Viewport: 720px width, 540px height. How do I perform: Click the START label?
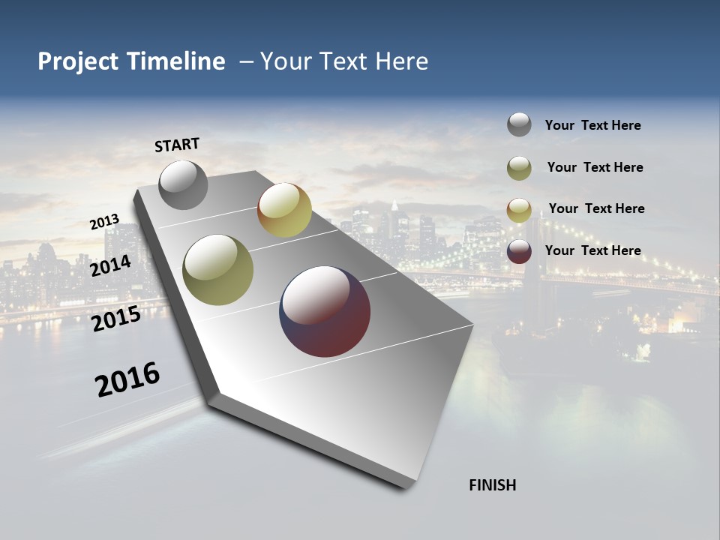pyautogui.click(x=177, y=145)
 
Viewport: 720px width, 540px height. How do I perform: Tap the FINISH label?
pyautogui.click(x=492, y=485)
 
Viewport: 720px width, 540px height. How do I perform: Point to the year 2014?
pyautogui.click(x=111, y=265)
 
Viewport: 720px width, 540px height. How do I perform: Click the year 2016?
pyautogui.click(x=127, y=379)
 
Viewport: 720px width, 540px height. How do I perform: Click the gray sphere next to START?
pyautogui.click(x=183, y=184)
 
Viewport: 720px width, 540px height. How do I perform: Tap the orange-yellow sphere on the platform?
pyautogui.click(x=284, y=210)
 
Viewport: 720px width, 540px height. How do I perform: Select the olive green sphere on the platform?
pyautogui.click(x=218, y=270)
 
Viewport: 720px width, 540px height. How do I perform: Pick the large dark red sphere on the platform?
pyautogui.click(x=325, y=311)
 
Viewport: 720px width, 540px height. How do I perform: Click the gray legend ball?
pyautogui.click(x=519, y=124)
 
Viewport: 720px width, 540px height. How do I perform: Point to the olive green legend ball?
pyautogui.click(x=519, y=168)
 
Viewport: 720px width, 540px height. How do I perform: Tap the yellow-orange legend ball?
pyautogui.click(x=519, y=210)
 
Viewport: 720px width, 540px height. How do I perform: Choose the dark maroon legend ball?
pyautogui.click(x=519, y=251)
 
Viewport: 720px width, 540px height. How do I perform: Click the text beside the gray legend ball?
pyautogui.click(x=592, y=125)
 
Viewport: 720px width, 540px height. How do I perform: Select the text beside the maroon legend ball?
pyautogui.click(x=592, y=250)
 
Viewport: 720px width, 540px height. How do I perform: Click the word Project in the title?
pyautogui.click(x=77, y=61)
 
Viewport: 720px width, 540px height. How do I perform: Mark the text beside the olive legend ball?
pyautogui.click(x=595, y=167)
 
